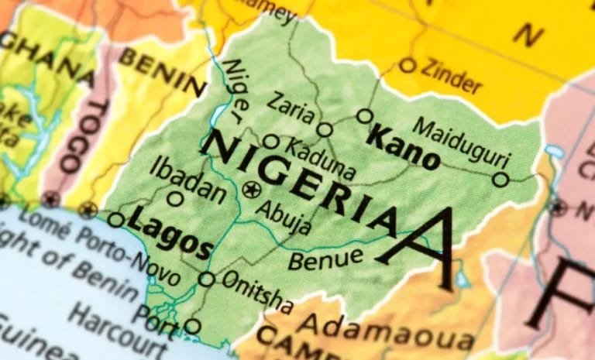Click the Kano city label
coord(402,147)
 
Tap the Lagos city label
coord(170,235)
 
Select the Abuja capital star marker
coord(250,189)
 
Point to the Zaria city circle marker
coord(325,129)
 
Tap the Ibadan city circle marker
coord(176,199)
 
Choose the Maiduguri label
coord(462,142)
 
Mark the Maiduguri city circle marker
coord(501,180)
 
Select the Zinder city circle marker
coord(408,65)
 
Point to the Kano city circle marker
coord(365,116)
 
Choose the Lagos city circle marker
coord(115,220)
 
